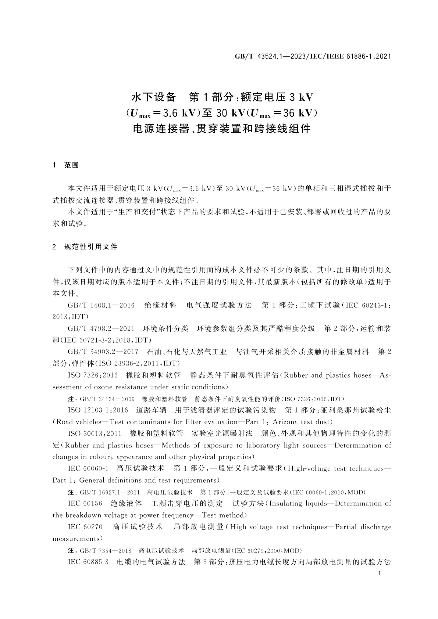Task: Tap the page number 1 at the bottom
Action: coord(380,573)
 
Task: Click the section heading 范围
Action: coord(71,165)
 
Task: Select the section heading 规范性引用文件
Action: coord(90,247)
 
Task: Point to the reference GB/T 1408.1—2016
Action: coord(101,305)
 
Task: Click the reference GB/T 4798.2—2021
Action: coord(101,328)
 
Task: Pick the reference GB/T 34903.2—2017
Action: coord(103,352)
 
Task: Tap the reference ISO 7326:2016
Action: coord(93,375)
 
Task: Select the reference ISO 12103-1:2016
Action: coord(98,410)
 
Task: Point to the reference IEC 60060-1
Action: coord(88,468)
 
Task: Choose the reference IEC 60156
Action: coord(85,503)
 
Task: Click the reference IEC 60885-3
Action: coord(88,562)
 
